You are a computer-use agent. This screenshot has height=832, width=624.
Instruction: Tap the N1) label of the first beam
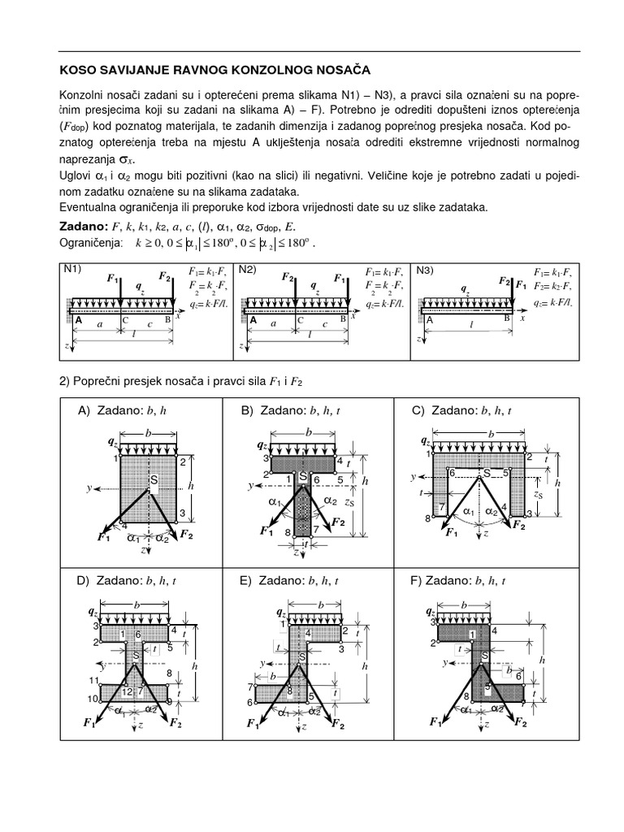pyautogui.click(x=72, y=269)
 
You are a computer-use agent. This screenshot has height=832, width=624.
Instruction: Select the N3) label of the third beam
pyautogui.click(x=425, y=269)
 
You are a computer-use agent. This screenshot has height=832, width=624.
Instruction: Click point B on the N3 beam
pyautogui.click(x=506, y=318)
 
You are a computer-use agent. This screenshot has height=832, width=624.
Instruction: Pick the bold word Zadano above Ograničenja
pyautogui.click(x=84, y=224)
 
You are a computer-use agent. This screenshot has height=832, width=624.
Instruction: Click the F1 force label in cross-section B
pyautogui.click(x=266, y=531)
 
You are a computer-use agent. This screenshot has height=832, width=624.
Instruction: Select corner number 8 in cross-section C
pyautogui.click(x=427, y=518)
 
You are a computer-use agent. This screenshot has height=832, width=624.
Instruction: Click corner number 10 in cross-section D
pyautogui.click(x=94, y=698)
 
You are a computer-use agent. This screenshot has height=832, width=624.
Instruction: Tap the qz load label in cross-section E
pyautogui.click(x=281, y=612)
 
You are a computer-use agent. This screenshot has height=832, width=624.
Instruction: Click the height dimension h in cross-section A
pyautogui.click(x=189, y=485)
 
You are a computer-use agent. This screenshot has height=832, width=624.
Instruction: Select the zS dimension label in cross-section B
pyautogui.click(x=349, y=504)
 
